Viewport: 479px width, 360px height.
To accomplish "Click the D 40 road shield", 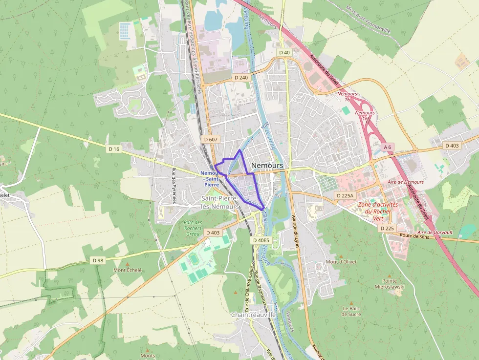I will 284,52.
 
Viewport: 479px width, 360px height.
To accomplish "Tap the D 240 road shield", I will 241,77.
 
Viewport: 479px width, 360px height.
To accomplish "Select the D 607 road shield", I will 211,139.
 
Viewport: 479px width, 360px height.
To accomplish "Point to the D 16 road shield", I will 114,148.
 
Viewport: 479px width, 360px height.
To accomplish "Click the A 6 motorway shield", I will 388,147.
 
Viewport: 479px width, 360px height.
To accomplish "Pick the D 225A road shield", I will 345,195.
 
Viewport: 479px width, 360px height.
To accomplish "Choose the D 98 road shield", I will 98,260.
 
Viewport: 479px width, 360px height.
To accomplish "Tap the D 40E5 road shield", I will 261,240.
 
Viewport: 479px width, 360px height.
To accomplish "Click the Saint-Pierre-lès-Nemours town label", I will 220,202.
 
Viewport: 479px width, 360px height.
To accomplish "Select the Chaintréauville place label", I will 253,315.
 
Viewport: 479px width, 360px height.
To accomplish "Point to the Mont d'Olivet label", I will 341,262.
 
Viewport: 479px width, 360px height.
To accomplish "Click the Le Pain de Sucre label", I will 352,311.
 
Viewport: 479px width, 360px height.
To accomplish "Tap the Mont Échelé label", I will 128,270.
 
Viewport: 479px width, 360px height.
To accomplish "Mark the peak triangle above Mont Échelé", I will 128,264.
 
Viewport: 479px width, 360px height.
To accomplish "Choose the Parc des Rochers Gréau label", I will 193,228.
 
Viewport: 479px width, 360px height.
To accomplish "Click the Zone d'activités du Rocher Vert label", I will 378,211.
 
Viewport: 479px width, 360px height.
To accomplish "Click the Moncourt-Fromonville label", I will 368,20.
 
